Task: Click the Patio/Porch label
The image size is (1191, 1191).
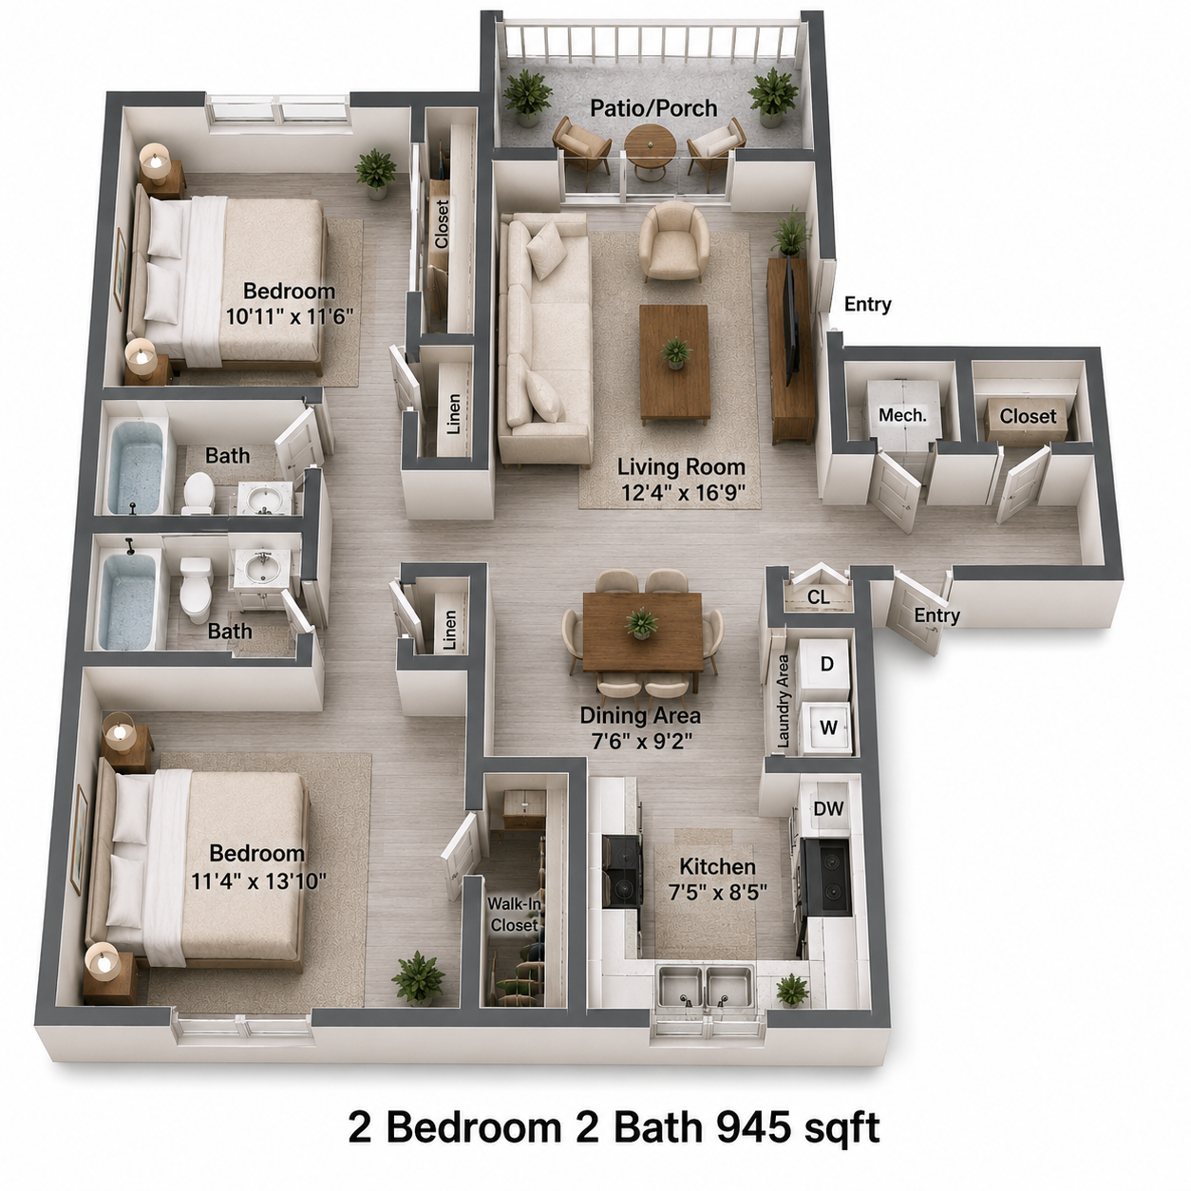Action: (x=653, y=108)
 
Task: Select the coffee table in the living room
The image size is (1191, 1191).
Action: (x=674, y=362)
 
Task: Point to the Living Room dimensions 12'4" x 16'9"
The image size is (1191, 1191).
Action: (x=683, y=493)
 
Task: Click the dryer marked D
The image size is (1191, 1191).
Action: (x=826, y=665)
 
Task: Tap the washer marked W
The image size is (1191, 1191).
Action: (x=827, y=728)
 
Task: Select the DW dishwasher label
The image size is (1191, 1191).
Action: (x=828, y=808)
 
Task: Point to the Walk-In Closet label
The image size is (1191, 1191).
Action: (x=514, y=914)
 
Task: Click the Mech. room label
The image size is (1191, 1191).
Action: (x=902, y=415)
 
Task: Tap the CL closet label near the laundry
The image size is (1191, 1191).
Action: (x=819, y=596)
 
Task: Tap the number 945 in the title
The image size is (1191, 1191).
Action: (x=753, y=1127)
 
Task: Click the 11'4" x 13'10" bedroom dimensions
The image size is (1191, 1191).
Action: (x=258, y=880)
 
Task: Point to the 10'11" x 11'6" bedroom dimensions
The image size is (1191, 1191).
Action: (x=290, y=317)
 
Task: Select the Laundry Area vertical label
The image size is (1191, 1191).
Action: (x=784, y=701)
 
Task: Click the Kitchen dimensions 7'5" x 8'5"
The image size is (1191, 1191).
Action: (x=718, y=893)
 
